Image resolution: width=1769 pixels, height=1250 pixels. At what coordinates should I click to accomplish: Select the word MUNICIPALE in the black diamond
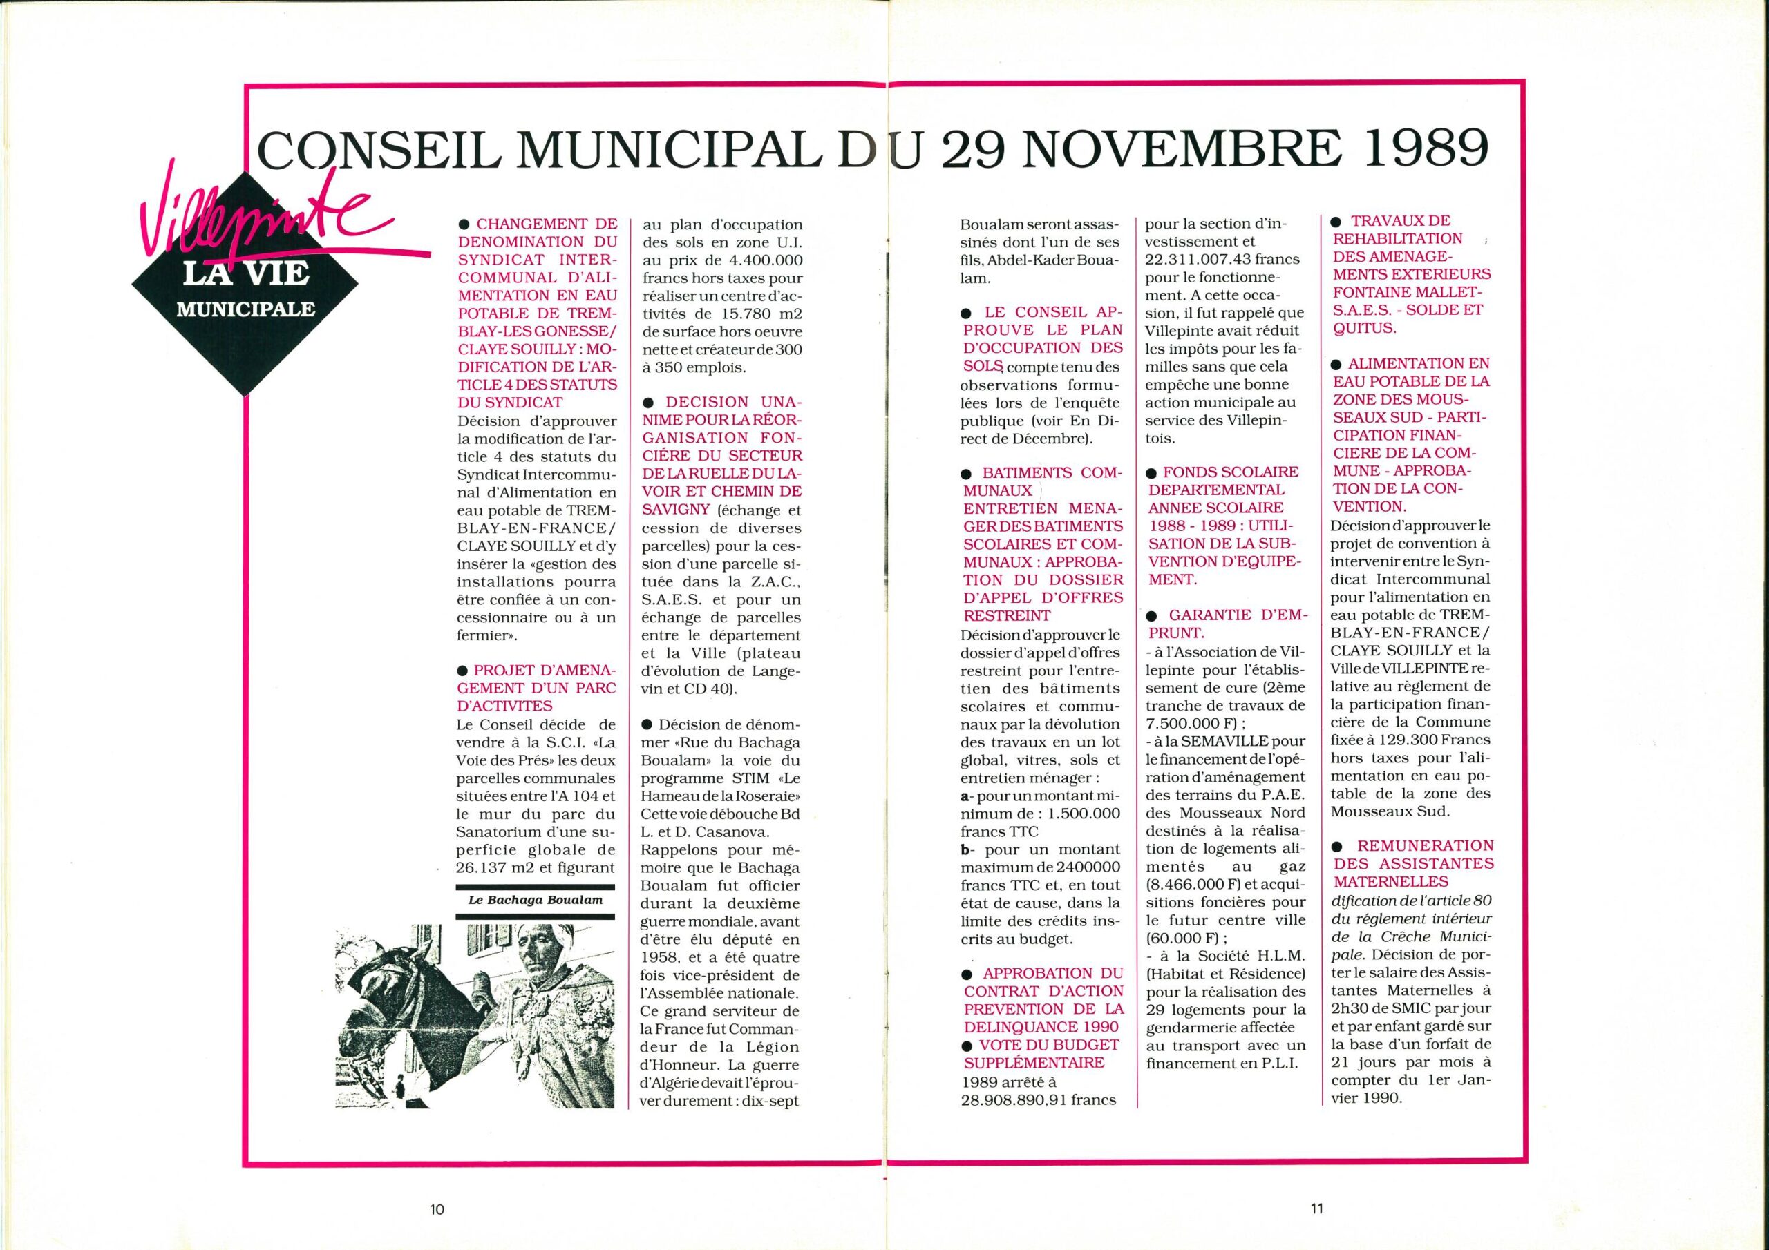click(x=246, y=309)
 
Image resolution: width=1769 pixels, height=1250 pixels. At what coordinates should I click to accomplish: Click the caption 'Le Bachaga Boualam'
click(x=535, y=900)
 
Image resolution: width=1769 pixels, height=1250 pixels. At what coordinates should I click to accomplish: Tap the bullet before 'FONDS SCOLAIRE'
click(x=1153, y=472)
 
